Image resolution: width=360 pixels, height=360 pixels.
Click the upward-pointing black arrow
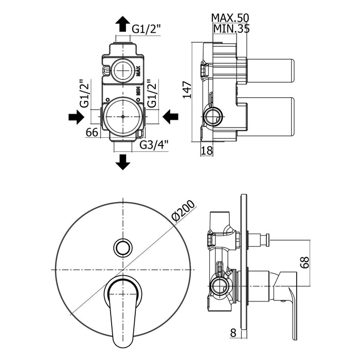pyautogui.click(x=123, y=24)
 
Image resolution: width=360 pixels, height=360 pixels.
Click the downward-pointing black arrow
pyautogui.click(x=123, y=162)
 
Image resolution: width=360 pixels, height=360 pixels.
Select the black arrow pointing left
pyautogui.click(x=170, y=117)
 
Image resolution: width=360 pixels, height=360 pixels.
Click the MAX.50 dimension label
pyautogui.click(x=230, y=18)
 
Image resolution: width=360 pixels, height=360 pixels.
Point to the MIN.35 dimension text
pyautogui.click(x=231, y=29)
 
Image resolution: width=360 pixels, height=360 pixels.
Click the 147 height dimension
pyautogui.click(x=187, y=90)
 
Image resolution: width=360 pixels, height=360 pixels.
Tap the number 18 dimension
pyautogui.click(x=207, y=151)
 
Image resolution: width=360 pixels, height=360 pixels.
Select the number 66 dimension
pyautogui.click(x=92, y=133)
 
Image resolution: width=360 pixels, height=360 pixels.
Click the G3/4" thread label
pyautogui.click(x=154, y=145)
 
